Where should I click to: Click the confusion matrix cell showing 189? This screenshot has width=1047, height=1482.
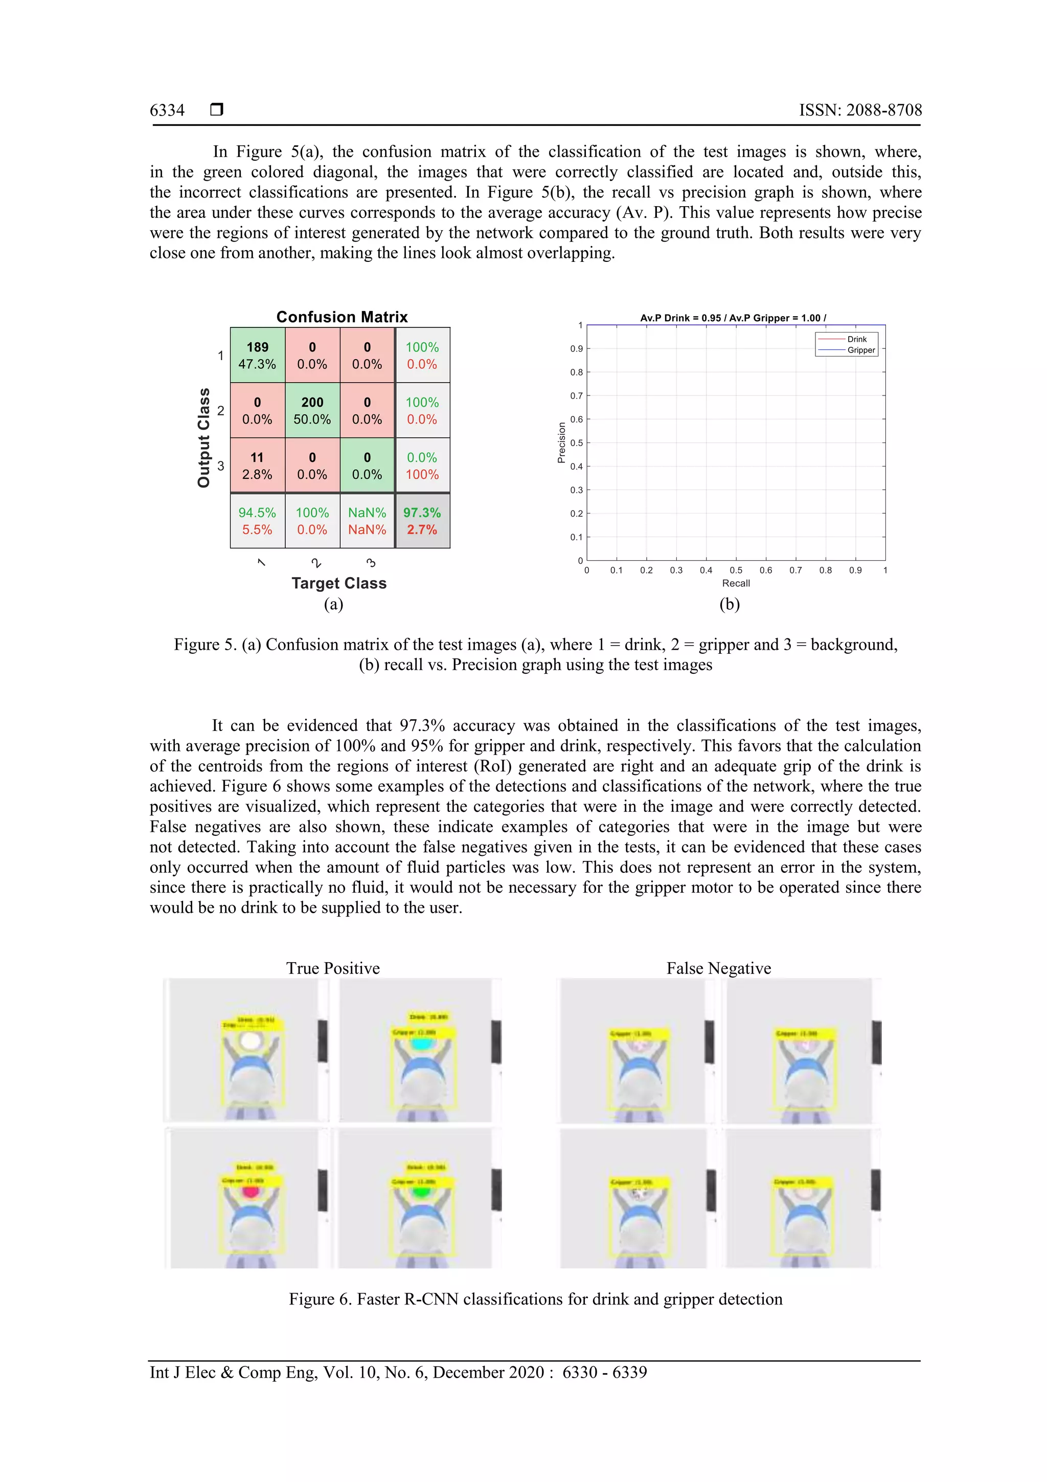coord(257,355)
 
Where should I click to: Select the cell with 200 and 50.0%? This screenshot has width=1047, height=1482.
coord(312,410)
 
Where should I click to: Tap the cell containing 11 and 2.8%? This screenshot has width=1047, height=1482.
coord(257,466)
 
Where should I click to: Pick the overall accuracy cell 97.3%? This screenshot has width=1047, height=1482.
coord(422,521)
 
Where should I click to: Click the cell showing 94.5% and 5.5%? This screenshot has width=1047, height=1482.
coord(257,521)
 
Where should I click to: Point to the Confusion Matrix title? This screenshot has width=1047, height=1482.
coord(342,317)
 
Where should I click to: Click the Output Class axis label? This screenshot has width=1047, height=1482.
coord(204,437)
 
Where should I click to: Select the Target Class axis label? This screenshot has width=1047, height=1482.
coord(338,583)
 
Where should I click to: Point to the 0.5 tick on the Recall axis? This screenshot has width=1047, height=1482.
coord(736,570)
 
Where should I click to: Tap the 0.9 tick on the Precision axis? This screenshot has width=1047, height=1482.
coord(576,348)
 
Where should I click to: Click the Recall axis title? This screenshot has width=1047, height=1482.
coord(736,583)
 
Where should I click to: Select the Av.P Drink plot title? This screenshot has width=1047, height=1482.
coord(733,318)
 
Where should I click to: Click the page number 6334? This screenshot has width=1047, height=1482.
coord(167,110)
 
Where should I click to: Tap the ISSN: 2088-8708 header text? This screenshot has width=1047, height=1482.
coord(860,110)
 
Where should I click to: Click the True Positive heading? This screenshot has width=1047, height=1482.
coord(333,968)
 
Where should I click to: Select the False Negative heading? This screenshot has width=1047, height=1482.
coord(719,968)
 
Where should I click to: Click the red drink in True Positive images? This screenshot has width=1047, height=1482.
coord(251,1191)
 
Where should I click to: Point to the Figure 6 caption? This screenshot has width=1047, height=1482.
coord(535,1299)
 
